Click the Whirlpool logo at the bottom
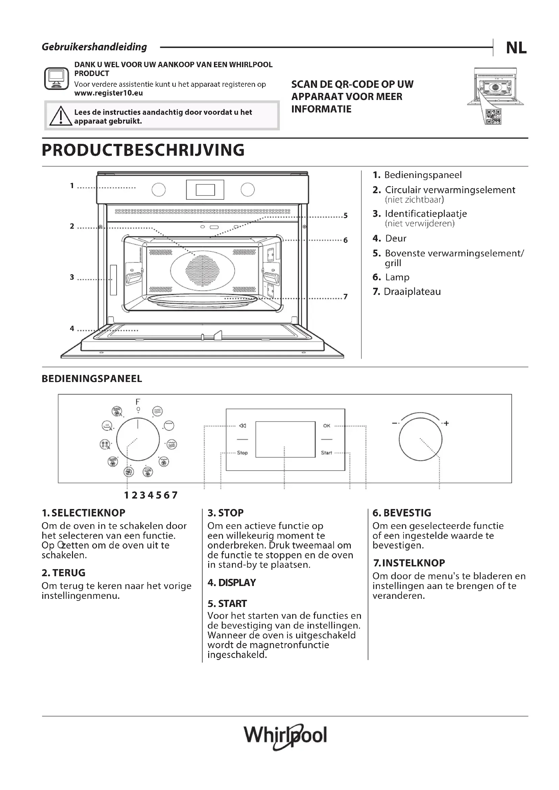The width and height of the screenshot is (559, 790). click(285, 736)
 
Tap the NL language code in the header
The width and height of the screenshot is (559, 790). click(516, 48)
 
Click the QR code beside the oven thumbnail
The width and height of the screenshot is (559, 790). click(493, 117)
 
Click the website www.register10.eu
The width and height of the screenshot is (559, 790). click(108, 93)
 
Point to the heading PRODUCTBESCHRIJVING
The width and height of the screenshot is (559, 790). click(143, 150)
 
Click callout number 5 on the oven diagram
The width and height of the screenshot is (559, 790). click(346, 216)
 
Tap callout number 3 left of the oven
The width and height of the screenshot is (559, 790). click(72, 277)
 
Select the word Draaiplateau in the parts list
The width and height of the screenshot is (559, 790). click(412, 292)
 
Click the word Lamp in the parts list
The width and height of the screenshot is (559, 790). click(397, 277)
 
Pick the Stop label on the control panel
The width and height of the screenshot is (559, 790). click(242, 453)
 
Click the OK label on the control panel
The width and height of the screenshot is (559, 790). click(327, 426)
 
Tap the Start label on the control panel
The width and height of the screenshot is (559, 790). click(326, 453)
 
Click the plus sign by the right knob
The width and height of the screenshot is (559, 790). click(446, 423)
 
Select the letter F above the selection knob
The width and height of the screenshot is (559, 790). click(138, 402)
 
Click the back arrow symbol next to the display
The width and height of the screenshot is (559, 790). click(243, 426)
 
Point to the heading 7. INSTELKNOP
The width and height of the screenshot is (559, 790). click(409, 563)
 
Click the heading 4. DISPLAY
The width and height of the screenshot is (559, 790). click(232, 583)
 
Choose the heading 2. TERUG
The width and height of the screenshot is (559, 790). click(63, 573)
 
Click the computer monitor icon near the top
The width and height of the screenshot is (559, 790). click(56, 78)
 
